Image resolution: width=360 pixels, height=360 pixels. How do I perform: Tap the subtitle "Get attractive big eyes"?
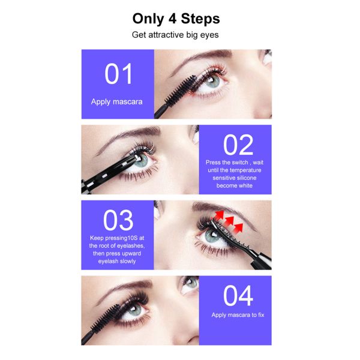[176, 35]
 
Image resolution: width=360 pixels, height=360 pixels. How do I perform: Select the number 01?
[118, 74]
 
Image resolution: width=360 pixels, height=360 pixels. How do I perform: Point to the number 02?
[238, 146]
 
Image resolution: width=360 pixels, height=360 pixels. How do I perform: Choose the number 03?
[118, 220]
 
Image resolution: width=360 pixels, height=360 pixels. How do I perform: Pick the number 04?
[238, 296]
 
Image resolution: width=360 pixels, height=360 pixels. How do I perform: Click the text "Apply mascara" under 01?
[117, 101]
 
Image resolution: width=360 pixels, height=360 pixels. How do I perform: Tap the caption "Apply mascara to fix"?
[238, 314]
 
